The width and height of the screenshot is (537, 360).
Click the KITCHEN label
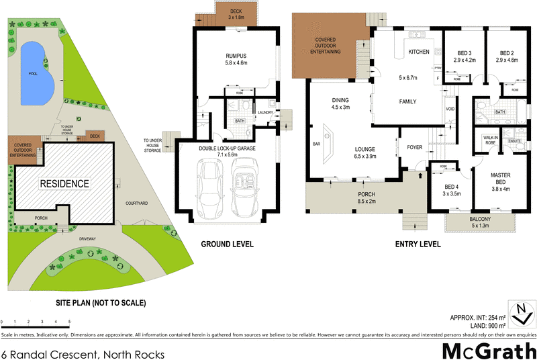pyautogui.click(x=418, y=51)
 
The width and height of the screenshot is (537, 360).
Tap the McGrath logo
pyautogui.click(x=489, y=350)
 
